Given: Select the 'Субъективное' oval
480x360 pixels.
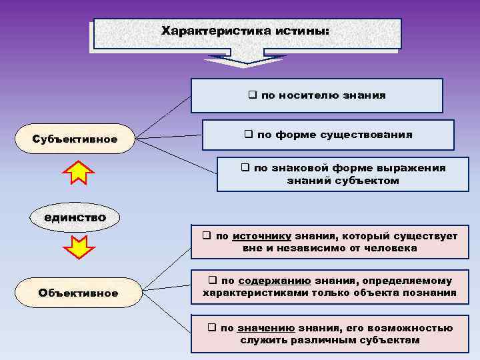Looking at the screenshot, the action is [x=75, y=139].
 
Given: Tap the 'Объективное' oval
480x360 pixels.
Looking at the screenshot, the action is [x=78, y=293].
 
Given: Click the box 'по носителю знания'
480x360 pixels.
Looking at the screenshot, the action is [x=317, y=95].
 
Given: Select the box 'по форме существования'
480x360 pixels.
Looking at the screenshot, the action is [x=328, y=135].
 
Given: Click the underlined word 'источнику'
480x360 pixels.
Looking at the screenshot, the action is [x=261, y=236].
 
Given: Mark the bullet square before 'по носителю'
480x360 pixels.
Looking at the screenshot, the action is [x=253, y=95].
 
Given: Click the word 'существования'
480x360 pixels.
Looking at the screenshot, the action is [x=372, y=135].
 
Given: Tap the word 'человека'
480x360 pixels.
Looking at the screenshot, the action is [x=394, y=248].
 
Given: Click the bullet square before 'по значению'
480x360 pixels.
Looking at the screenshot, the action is [x=211, y=328].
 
